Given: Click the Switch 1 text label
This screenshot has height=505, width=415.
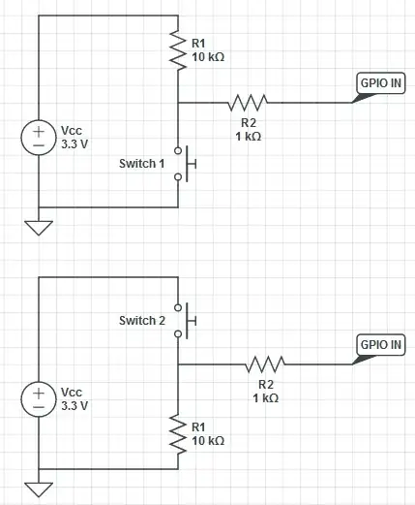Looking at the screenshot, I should coord(142,164).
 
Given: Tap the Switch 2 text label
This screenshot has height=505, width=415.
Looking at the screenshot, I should coord(142,320).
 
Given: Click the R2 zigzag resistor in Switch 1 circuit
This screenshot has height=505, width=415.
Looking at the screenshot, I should coord(247,101).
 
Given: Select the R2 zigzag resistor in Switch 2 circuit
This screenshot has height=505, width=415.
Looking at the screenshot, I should coord(265,364).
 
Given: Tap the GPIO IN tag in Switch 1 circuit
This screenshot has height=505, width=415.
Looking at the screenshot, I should coord(379,84).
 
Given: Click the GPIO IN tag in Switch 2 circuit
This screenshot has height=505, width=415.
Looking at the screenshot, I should coord(379,346).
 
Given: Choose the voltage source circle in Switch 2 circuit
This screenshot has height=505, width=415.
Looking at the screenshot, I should coord(39,397).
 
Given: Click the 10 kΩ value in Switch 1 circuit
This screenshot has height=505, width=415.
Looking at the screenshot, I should coord(208,57).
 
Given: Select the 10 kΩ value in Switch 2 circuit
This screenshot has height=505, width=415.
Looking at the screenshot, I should coord(208,440).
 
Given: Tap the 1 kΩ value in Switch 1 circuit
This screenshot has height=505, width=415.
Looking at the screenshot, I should coord(247,137).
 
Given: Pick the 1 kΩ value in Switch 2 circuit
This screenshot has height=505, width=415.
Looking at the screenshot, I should coord(265,398).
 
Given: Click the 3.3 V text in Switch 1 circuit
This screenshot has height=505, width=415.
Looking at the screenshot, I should coord(74,142).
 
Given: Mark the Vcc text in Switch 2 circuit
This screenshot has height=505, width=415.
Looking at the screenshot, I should coord(71,392).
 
